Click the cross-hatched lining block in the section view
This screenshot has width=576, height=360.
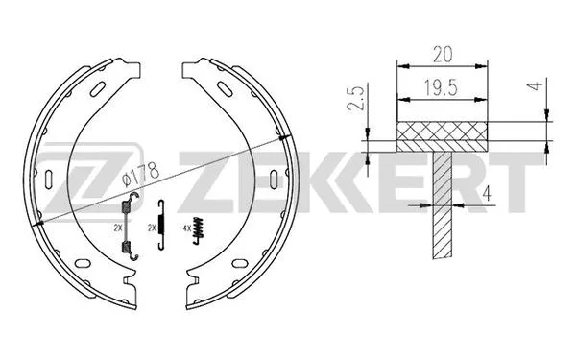point(443,135)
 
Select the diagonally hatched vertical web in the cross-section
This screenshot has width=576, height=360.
point(443,211)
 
